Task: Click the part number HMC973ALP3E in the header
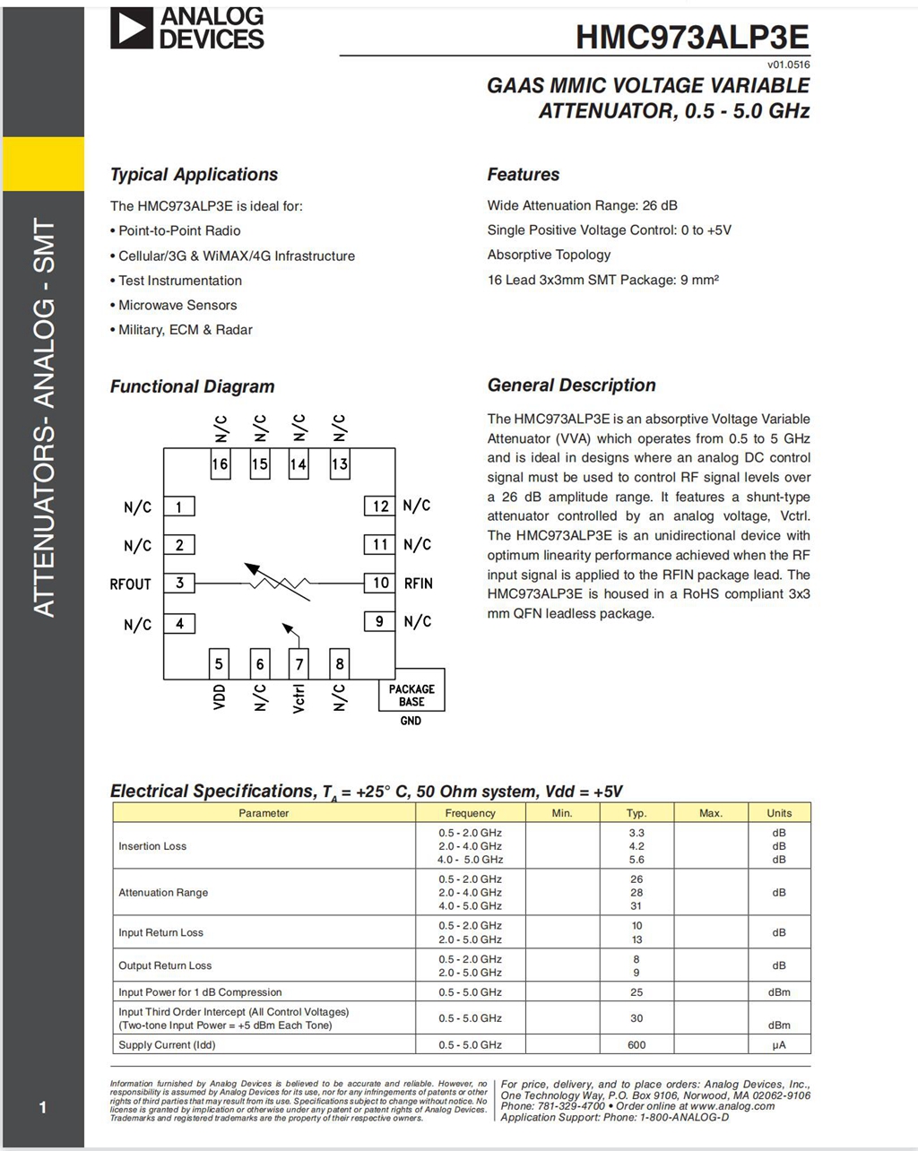692,38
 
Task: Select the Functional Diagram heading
192,386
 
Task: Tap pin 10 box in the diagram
380,583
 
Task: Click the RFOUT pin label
131,584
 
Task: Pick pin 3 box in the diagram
179,583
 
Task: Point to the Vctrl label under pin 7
299,697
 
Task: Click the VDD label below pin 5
220,697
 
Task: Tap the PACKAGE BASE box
411,695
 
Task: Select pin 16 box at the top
220,464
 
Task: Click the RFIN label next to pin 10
419,584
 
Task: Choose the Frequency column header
470,813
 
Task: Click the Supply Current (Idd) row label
167,1044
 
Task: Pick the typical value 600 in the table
637,1044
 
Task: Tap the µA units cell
779,1044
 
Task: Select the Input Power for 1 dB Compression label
200,992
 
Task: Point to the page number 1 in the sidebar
42,1108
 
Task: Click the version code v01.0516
788,65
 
